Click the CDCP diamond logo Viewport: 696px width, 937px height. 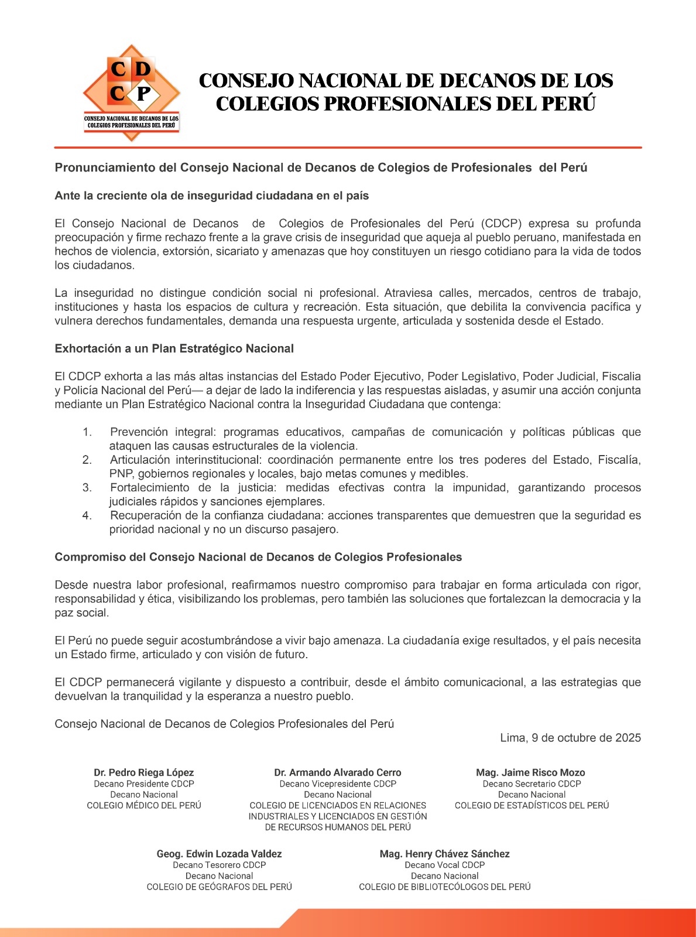(131, 93)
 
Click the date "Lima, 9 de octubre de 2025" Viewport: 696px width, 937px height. (570, 738)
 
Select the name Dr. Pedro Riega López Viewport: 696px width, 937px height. (143, 772)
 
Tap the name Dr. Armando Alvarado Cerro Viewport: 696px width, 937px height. (338, 772)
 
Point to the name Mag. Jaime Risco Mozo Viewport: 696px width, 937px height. (531, 772)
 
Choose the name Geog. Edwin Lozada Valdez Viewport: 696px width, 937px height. (219, 854)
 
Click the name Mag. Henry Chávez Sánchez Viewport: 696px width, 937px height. (444, 854)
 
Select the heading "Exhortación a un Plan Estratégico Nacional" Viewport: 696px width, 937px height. (174, 348)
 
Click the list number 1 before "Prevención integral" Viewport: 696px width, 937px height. (87, 432)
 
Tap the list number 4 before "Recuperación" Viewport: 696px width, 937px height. (87, 516)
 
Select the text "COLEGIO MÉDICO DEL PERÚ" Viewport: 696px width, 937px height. (144, 806)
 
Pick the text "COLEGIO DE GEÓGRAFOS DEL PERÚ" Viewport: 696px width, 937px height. (219, 887)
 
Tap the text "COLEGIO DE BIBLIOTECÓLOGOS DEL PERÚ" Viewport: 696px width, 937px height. (444, 887)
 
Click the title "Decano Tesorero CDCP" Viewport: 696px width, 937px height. (219, 865)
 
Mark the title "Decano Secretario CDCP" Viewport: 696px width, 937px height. (532, 784)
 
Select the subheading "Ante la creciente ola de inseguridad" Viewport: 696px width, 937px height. (211, 196)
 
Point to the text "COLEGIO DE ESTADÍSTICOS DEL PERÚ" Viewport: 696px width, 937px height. (532, 806)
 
